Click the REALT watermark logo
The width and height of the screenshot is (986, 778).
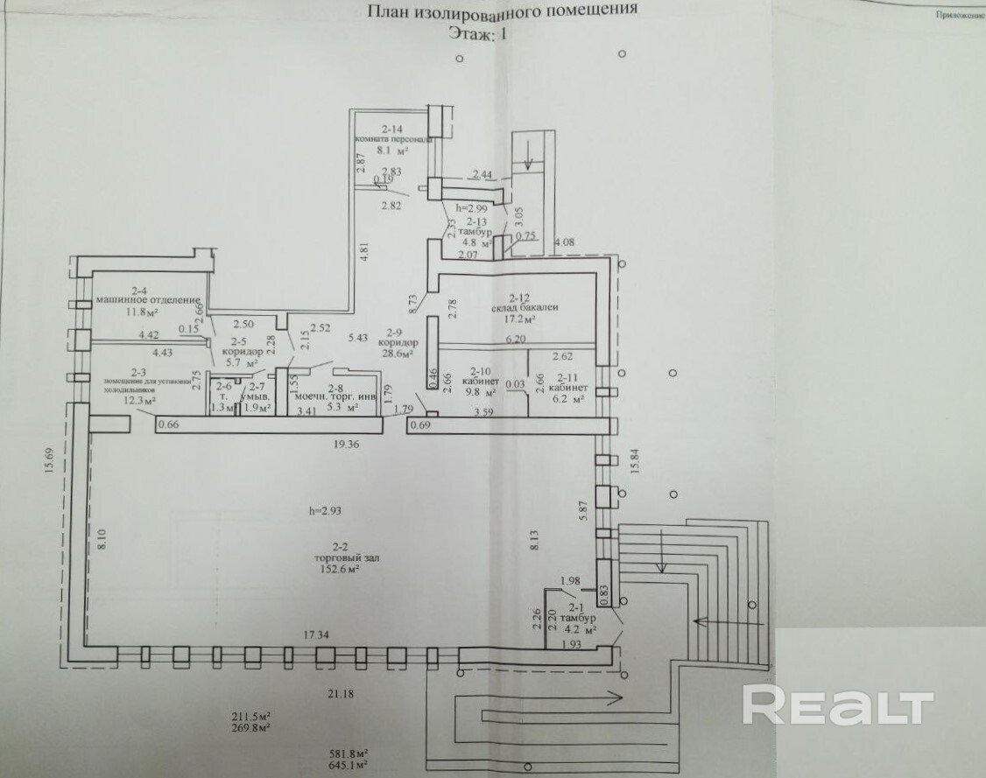pyautogui.click(x=838, y=705)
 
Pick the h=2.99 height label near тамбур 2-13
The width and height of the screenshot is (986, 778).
pyautogui.click(x=470, y=208)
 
